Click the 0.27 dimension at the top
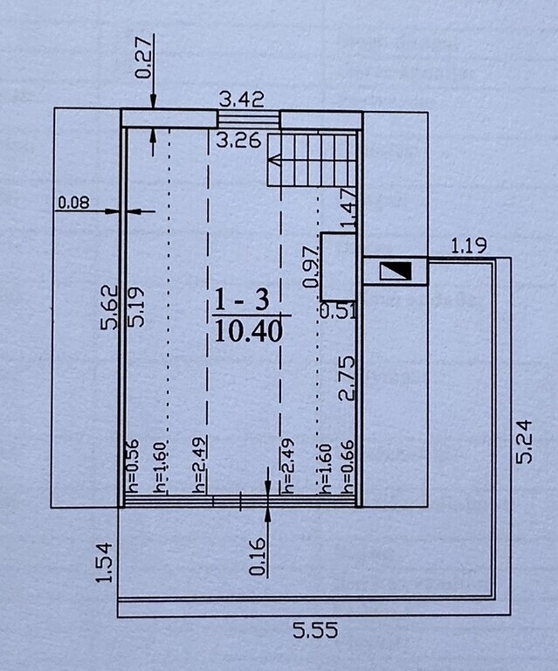tap(144, 58)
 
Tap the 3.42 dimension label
tap(242, 100)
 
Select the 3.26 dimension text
tap(238, 141)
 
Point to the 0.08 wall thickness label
tap(73, 203)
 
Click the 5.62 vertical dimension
tap(108, 308)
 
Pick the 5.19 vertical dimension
tap(136, 308)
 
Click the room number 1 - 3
tap(242, 299)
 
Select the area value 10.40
tap(248, 331)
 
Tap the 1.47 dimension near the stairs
tap(348, 208)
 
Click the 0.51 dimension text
tap(338, 310)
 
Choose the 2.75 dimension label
tap(347, 377)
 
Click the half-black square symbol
tap(396, 272)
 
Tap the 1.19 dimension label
tap(469, 246)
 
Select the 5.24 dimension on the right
tap(524, 442)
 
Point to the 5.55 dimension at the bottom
tap(315, 630)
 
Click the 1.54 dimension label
tap(104, 563)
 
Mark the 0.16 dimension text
tap(257, 557)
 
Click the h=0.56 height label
tap(132, 466)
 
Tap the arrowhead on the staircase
tap(273, 161)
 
